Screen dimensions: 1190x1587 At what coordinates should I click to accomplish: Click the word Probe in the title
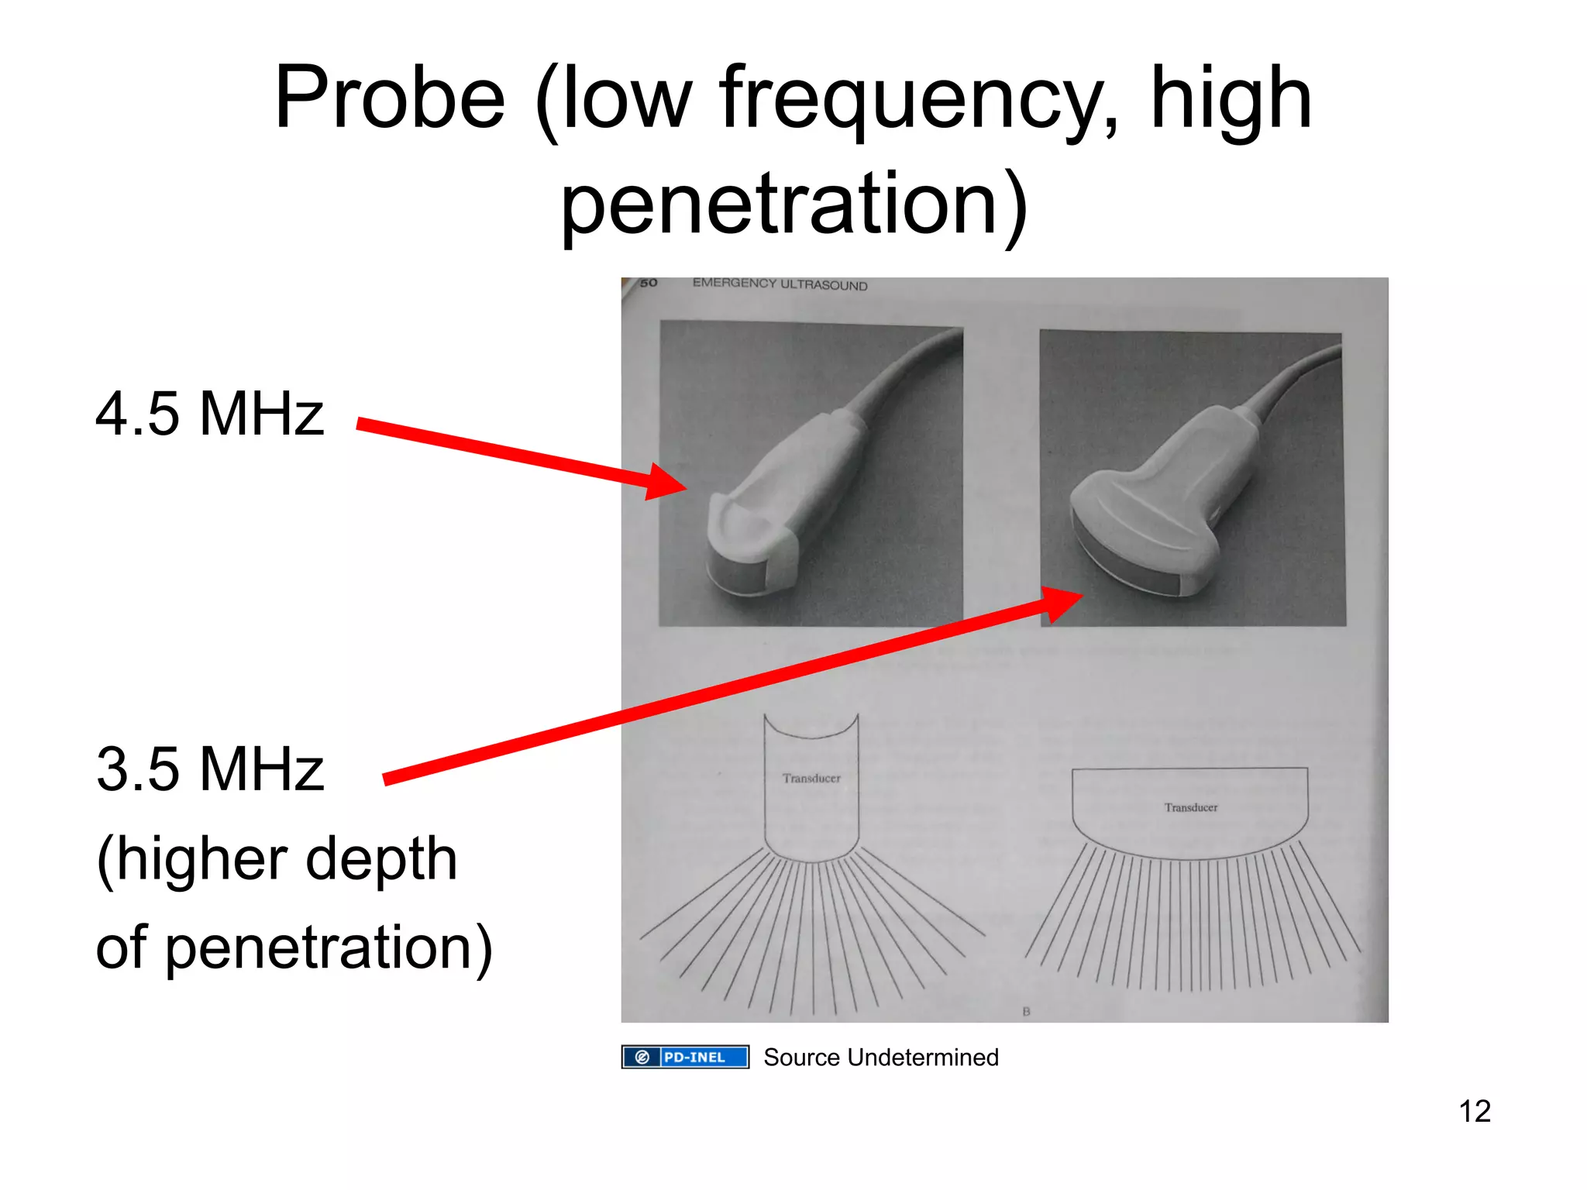click(390, 99)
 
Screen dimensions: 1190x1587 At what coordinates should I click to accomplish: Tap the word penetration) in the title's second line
click(795, 205)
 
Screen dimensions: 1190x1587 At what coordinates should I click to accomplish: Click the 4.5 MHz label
click(209, 414)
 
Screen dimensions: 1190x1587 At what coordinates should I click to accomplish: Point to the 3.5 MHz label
click(209, 769)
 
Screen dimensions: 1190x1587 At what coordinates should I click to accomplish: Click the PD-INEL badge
click(685, 1057)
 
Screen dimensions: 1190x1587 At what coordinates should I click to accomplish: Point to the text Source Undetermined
click(881, 1058)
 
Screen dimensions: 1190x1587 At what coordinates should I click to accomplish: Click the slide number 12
click(1475, 1112)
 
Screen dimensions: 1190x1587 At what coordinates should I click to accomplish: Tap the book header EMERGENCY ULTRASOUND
click(780, 284)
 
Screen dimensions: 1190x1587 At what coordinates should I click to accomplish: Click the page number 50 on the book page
click(649, 283)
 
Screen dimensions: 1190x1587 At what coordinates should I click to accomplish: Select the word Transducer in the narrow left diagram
click(811, 778)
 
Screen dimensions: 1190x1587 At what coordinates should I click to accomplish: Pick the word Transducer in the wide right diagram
click(1191, 807)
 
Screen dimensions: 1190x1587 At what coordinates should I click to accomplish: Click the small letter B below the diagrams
click(1026, 1011)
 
